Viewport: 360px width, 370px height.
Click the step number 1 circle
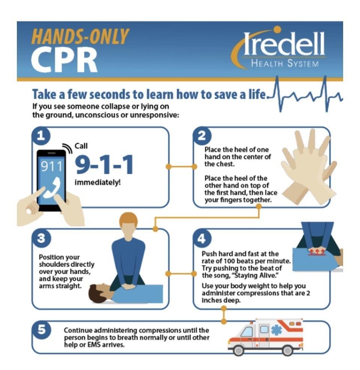pos(41,136)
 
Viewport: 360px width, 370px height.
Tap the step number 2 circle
pos(202,136)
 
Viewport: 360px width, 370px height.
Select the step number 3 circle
pos(41,238)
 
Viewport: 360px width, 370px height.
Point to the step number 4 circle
pos(202,238)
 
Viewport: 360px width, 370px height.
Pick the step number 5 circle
pos(41,329)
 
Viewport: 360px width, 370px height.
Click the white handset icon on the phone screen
pos(52,187)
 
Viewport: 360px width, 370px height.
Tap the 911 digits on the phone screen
pos(52,166)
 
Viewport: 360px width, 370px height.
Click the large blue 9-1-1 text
pos(104,164)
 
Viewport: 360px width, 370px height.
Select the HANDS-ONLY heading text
pos(80,36)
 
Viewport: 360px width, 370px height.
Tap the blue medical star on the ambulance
pos(276,329)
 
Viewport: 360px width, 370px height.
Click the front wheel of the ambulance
pos(238,350)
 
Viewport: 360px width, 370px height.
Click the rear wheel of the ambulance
pos(287,350)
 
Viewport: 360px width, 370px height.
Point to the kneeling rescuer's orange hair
pos(128,218)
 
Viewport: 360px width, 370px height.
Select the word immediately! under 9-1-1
pos(97,182)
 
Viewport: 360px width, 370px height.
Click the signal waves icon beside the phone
pos(67,148)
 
